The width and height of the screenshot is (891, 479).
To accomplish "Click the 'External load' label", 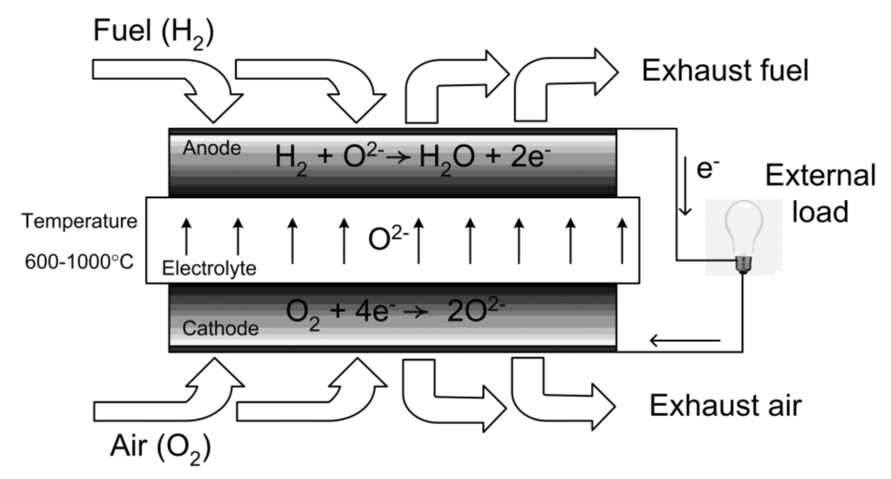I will pyautogui.click(x=819, y=193).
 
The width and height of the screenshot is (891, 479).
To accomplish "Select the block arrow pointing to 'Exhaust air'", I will pyautogui.click(x=561, y=394).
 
